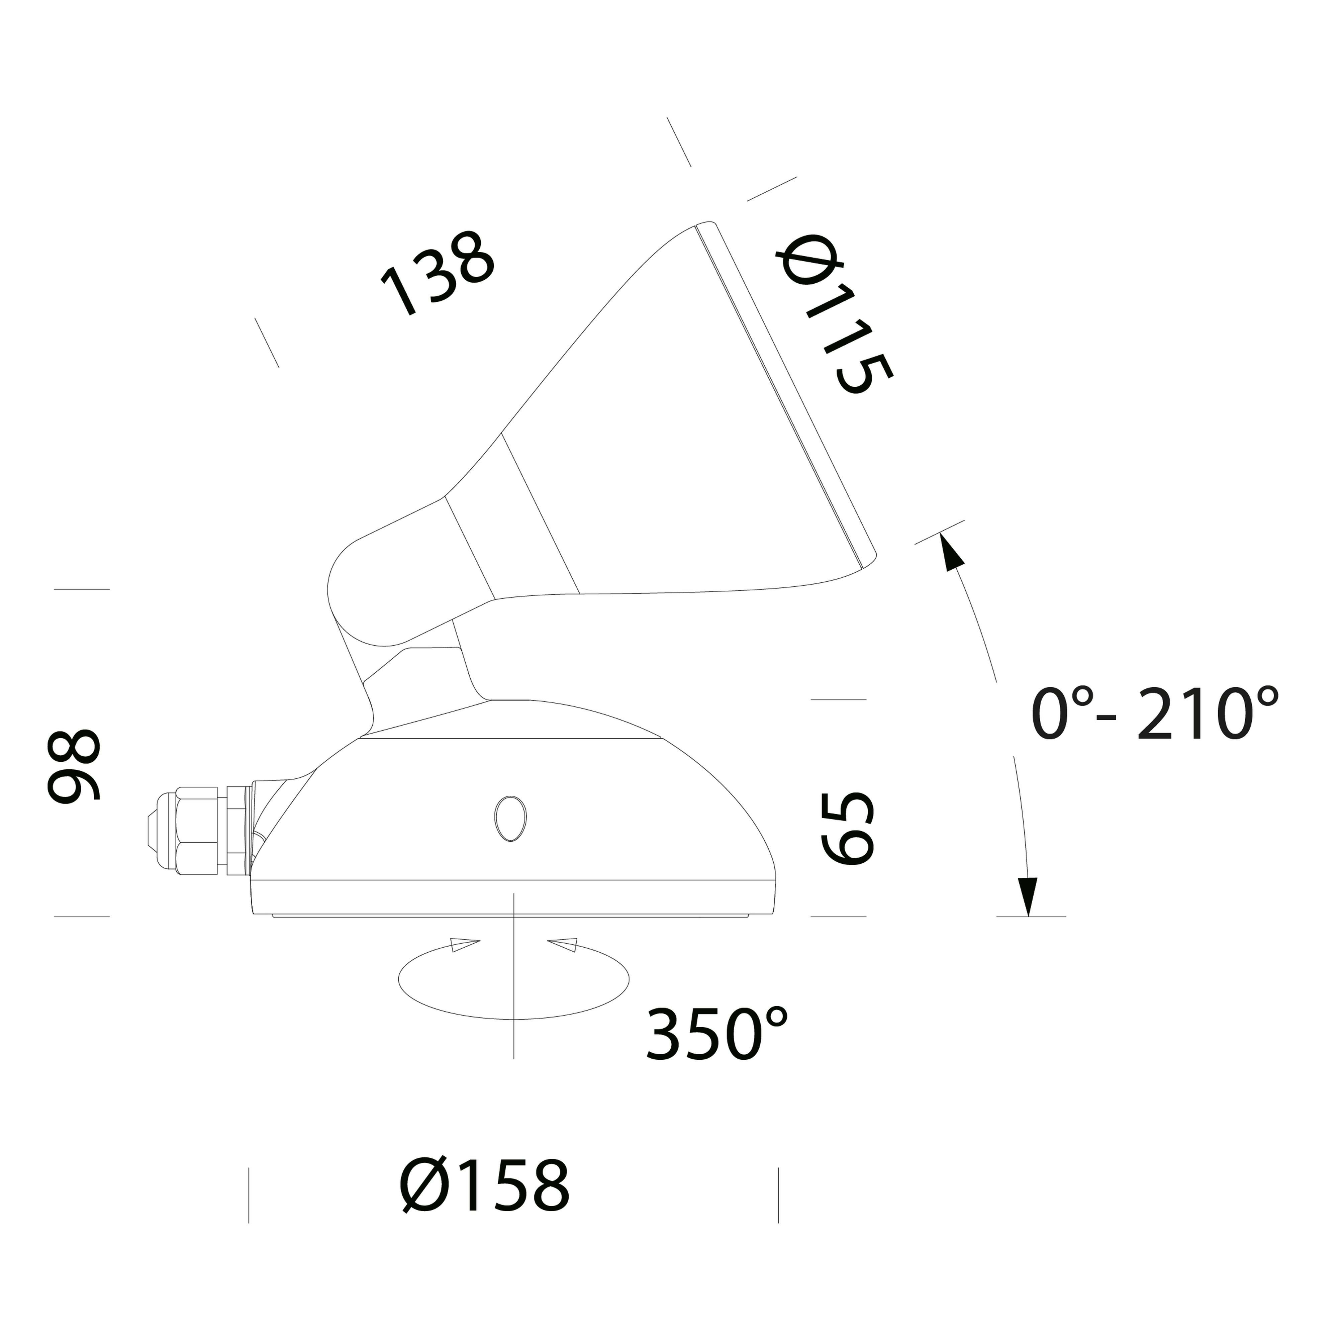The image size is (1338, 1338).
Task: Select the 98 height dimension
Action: click(74, 766)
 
